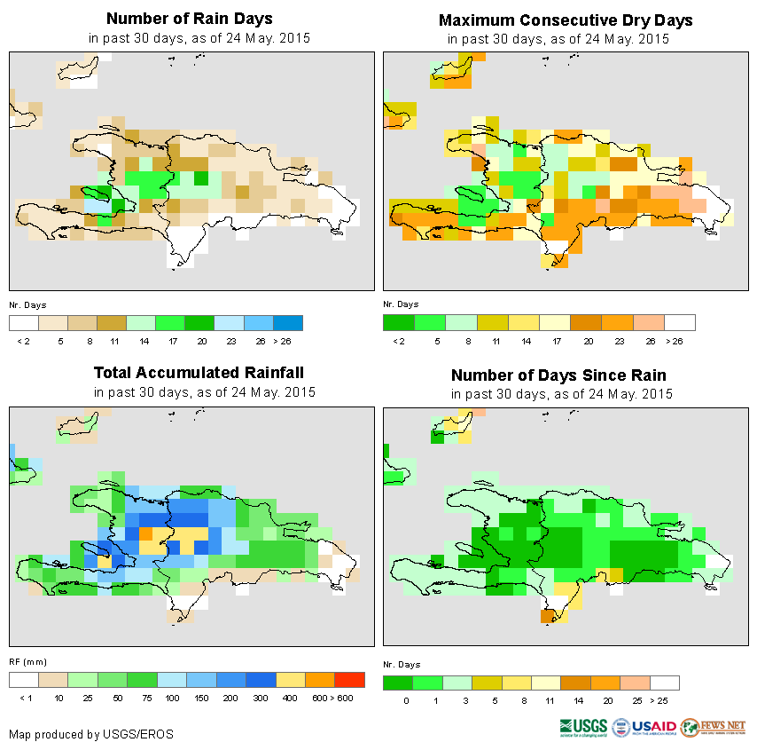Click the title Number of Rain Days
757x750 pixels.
tap(189, 19)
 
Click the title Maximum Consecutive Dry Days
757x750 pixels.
tap(566, 20)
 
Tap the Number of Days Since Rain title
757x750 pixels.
tap(558, 375)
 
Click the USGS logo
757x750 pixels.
tap(584, 728)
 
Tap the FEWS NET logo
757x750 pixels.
tap(713, 728)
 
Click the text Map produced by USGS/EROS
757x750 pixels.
tap(91, 734)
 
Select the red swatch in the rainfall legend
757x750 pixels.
tap(350, 680)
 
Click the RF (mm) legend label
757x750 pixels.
tap(27, 662)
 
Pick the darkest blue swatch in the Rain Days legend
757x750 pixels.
tap(288, 322)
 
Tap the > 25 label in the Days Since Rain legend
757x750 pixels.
tap(662, 700)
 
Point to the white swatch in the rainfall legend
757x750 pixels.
tap(24, 680)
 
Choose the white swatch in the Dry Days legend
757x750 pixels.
tap(680, 322)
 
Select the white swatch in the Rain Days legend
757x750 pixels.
tap(24, 322)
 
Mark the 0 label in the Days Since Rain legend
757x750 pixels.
tap(404, 700)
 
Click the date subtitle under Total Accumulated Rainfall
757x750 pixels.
tap(204, 392)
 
